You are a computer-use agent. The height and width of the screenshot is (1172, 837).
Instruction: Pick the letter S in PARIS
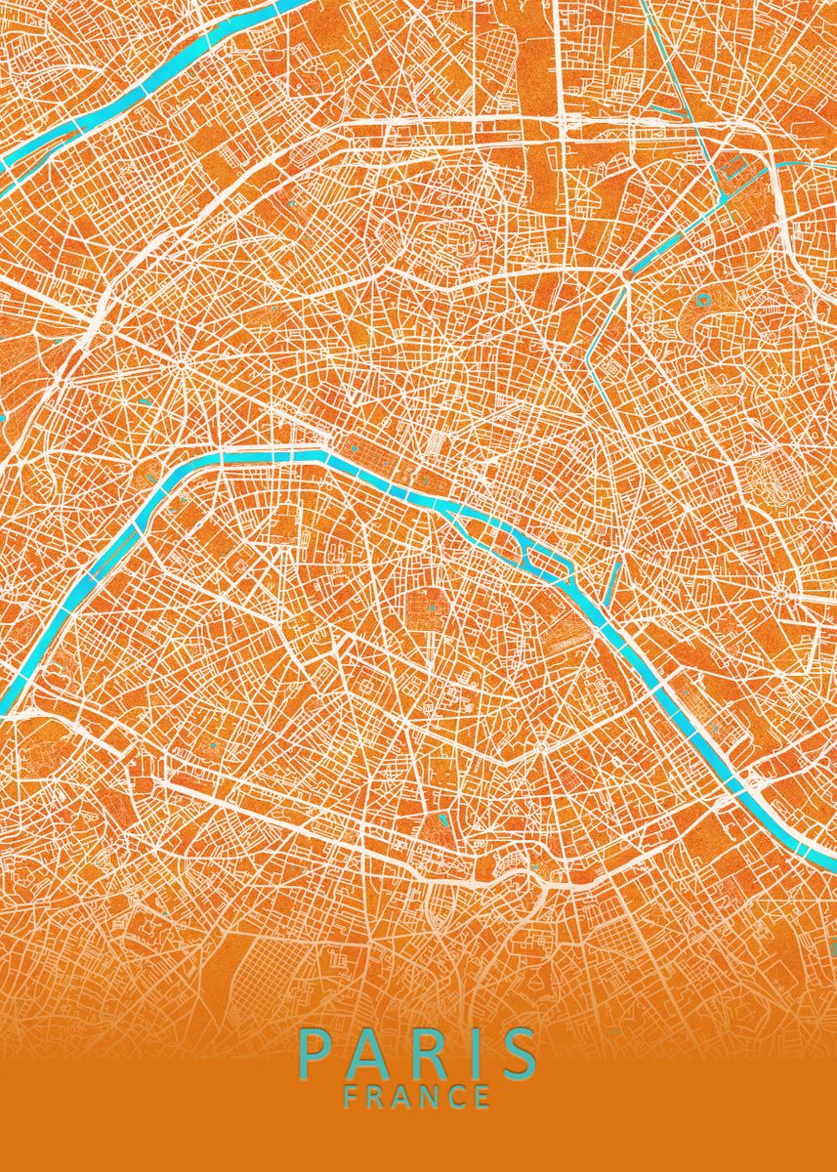[x=515, y=1053]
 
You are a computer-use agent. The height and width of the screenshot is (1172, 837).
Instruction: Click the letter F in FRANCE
[x=351, y=1097]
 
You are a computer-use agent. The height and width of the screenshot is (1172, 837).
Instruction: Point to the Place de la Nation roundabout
[x=783, y=594]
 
